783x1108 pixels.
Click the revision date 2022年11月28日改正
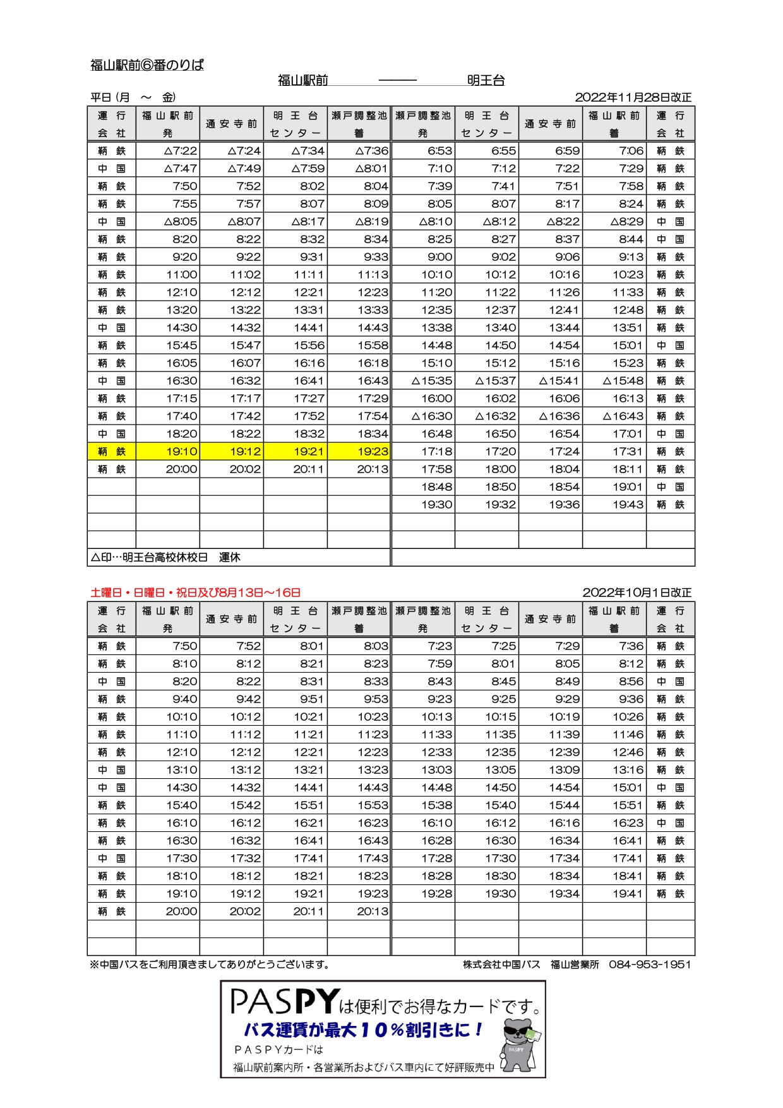coord(633,97)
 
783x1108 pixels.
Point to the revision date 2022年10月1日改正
coord(637,593)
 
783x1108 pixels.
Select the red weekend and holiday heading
coord(195,593)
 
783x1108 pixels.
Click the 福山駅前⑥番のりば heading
coord(147,65)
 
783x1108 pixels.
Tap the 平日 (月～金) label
coord(133,97)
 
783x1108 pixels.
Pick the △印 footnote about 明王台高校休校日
coord(165,557)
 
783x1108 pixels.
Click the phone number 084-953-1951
coord(650,965)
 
